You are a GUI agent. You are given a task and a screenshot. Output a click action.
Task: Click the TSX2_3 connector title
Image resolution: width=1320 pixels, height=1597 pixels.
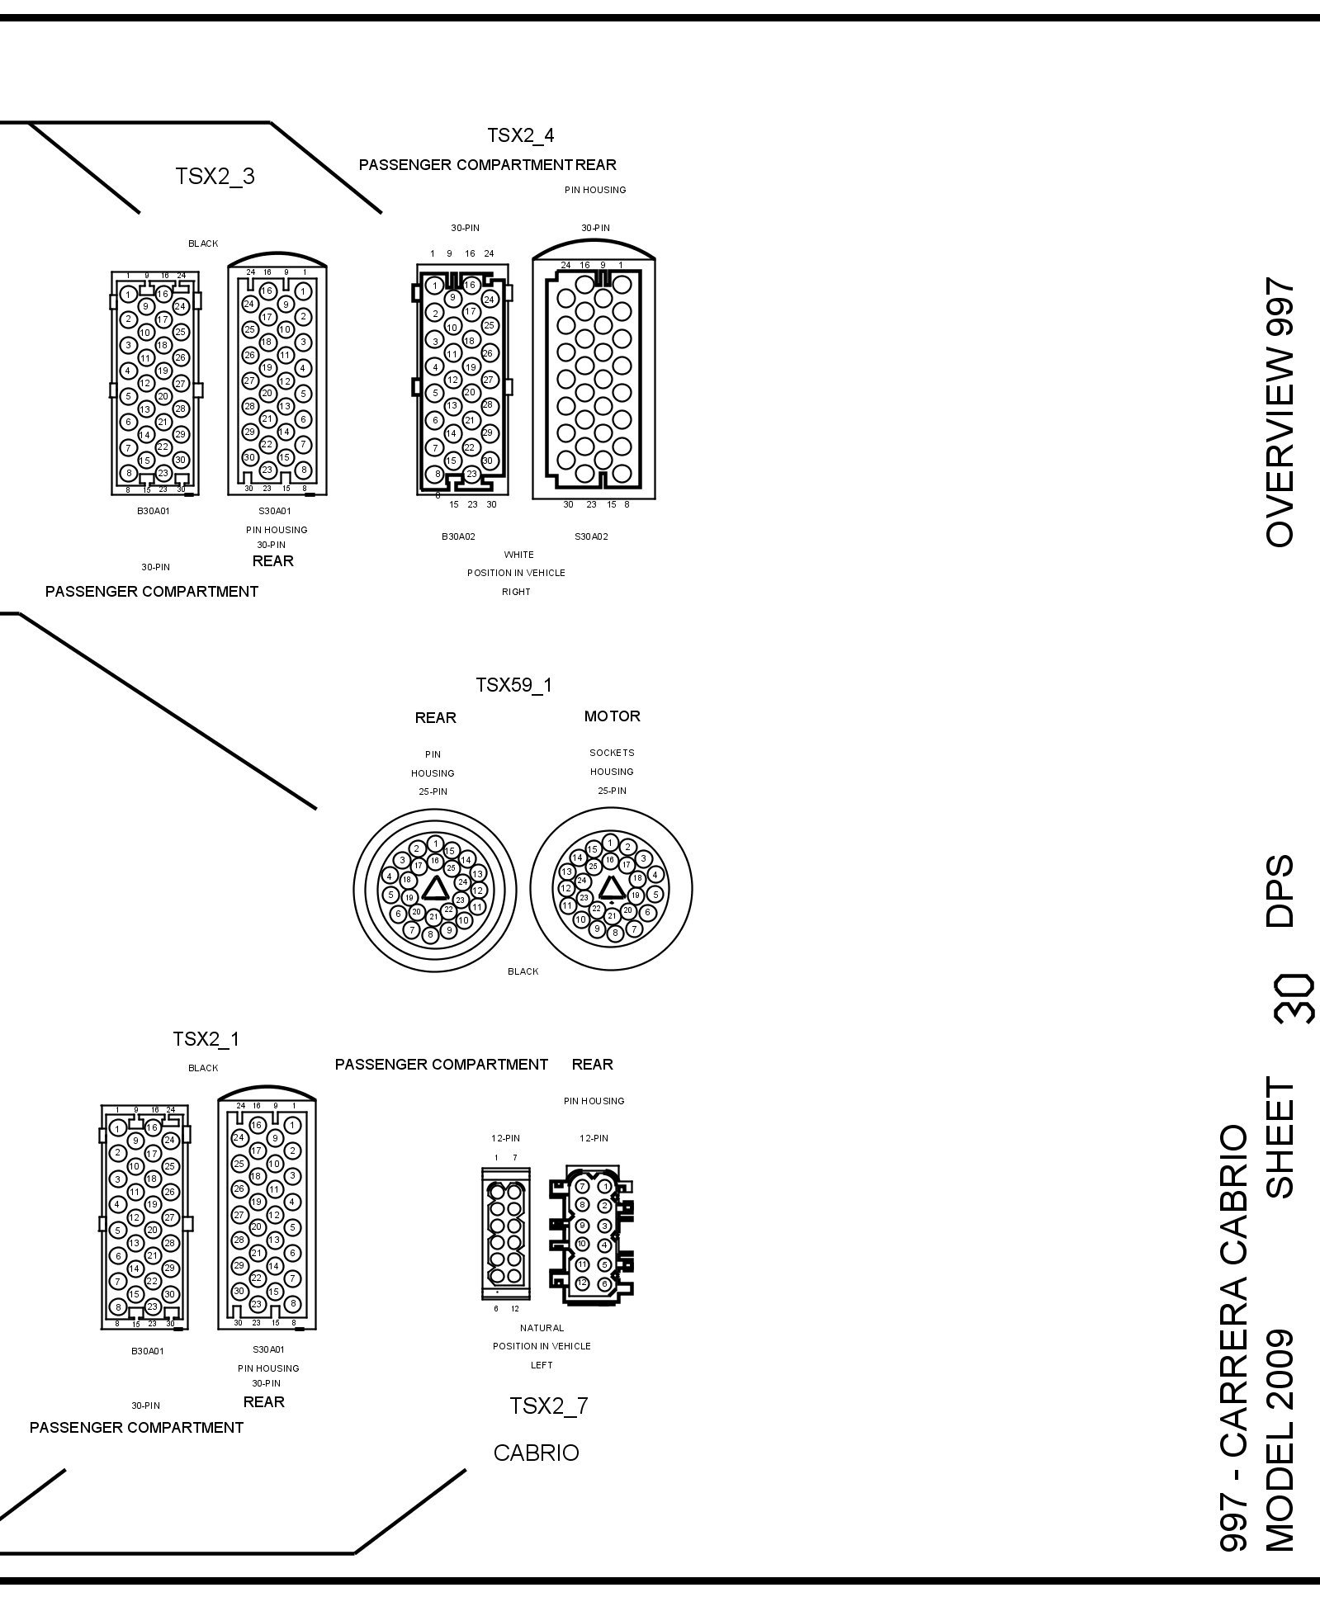pos(215,177)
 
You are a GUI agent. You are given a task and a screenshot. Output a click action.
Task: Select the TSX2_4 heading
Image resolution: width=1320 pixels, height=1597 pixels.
pos(520,135)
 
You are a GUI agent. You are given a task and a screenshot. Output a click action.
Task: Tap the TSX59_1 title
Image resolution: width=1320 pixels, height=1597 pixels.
pos(513,685)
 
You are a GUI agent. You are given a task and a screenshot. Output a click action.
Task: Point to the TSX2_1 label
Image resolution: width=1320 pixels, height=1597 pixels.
pos(206,1039)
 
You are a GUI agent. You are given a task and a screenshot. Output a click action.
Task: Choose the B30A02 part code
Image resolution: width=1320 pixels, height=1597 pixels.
pos(458,536)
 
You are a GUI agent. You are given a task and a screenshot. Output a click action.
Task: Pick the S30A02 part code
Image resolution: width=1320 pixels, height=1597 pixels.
pos(591,536)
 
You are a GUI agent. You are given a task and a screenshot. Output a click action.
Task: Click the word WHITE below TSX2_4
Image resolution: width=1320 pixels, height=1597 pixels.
pos(518,555)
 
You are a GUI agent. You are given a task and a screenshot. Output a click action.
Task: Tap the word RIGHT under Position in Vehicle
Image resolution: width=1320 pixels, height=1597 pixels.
pos(516,592)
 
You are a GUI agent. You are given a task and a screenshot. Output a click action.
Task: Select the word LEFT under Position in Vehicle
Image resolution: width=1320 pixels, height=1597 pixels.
pos(542,1365)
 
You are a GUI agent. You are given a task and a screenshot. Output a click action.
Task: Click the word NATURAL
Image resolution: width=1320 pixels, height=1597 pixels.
pos(542,1328)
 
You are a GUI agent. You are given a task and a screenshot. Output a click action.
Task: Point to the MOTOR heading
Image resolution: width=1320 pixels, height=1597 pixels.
pos(612,716)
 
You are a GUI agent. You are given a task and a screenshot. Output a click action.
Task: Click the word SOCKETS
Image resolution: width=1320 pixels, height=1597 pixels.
pos(612,753)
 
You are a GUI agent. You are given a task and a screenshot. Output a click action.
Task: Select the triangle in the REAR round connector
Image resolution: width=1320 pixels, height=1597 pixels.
pos(435,889)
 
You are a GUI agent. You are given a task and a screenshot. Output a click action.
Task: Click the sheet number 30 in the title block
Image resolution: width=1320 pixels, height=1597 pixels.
pos(1293,999)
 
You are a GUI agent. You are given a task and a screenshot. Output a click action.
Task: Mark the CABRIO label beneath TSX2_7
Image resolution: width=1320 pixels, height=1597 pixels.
pos(536,1453)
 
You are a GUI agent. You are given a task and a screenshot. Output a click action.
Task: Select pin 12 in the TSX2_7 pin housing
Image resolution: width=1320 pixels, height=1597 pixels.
pos(583,1283)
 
